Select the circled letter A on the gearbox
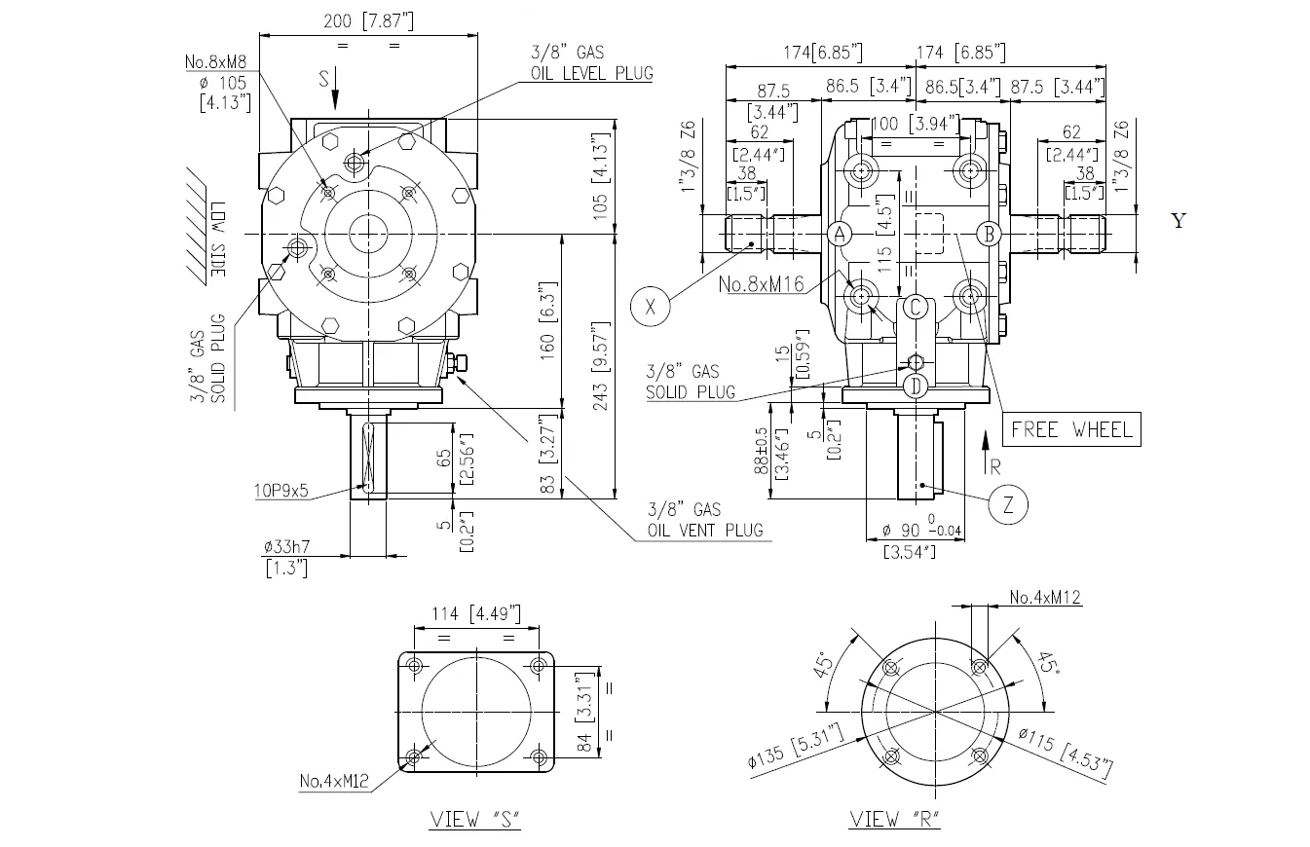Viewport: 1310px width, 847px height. (840, 234)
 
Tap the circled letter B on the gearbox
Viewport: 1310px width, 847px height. (988, 234)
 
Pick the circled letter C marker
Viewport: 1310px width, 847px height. (915, 308)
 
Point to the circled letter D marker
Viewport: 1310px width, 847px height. (915, 386)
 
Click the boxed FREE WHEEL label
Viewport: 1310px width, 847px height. (1070, 429)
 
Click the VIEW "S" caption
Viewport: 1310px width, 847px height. (475, 820)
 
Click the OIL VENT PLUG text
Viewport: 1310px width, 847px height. (705, 532)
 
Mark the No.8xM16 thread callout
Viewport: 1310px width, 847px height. (761, 285)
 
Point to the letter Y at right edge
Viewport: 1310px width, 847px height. (1179, 221)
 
